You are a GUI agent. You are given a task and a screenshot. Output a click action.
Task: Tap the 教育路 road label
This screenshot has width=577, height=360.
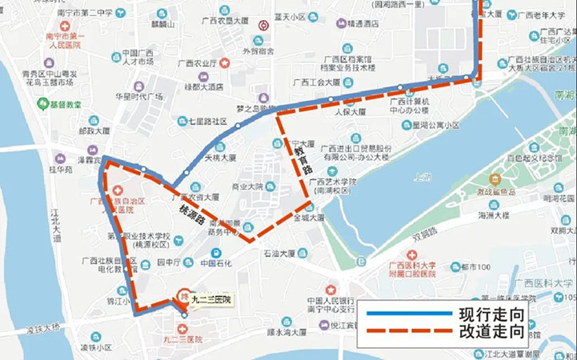click(x=295, y=150)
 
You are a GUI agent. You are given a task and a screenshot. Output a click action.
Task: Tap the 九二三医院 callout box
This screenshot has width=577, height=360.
click(x=210, y=298)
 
